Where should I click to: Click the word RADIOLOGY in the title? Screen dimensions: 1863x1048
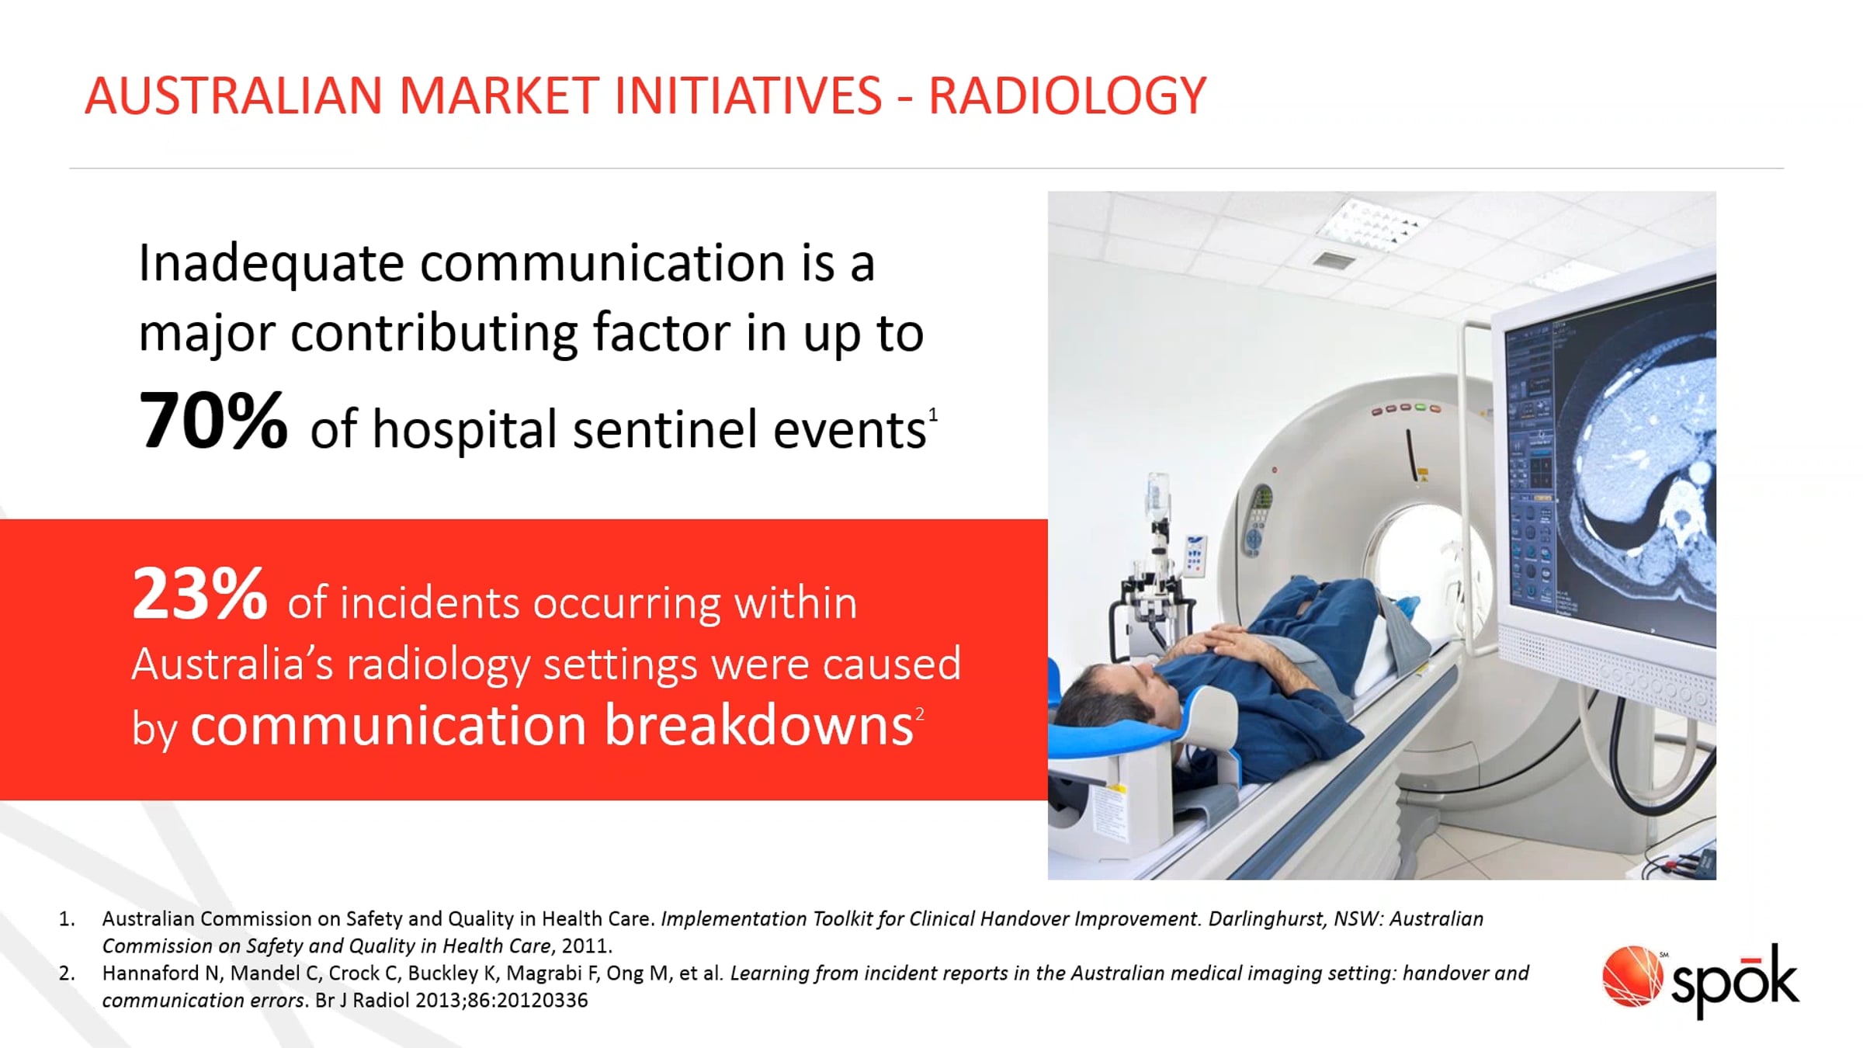(1067, 96)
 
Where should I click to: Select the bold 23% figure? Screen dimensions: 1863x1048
(199, 594)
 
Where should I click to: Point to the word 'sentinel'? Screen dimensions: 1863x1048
(665, 429)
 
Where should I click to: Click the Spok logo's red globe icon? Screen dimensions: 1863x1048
(1632, 975)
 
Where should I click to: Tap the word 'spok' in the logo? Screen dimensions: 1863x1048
(1735, 982)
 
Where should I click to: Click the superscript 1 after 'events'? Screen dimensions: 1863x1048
(933, 415)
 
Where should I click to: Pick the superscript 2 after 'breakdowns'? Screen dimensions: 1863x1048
(919, 713)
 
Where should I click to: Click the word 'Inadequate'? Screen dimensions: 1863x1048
(271, 264)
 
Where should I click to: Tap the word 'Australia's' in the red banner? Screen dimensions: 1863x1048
(232, 665)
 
